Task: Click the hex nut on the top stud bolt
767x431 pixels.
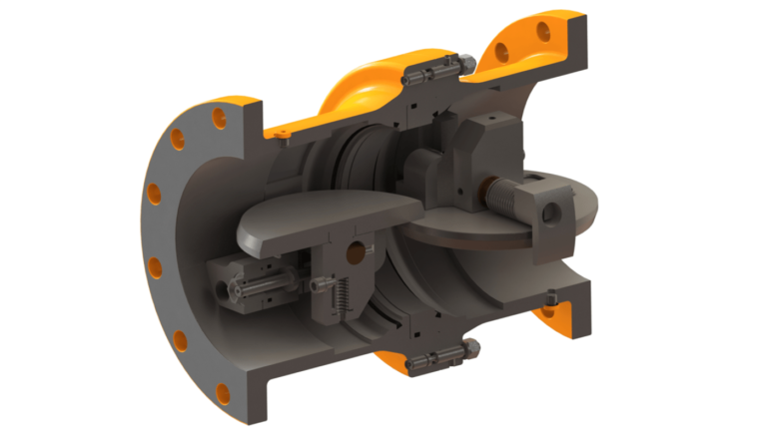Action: point(464,63)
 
